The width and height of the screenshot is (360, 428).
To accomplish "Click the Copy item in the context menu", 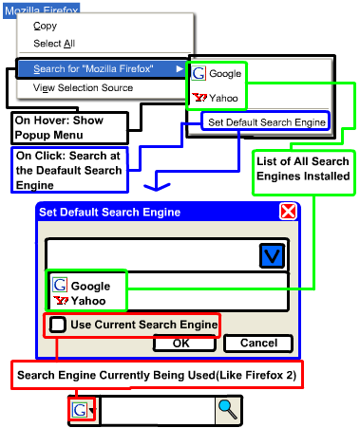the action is tap(45, 26).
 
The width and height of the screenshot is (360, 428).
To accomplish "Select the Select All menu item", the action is tap(54, 44).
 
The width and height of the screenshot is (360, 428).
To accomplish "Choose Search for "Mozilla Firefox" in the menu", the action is tap(93, 68).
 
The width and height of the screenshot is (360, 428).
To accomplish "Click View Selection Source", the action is tap(83, 87).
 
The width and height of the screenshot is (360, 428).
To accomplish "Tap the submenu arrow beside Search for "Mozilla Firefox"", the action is tap(180, 68).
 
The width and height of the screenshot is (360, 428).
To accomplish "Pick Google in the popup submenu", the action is tap(217, 73).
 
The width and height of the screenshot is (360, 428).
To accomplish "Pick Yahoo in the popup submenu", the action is tap(215, 98).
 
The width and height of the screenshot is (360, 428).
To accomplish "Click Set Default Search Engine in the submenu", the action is tap(267, 122).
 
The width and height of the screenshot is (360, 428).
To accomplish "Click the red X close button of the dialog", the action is tap(288, 212).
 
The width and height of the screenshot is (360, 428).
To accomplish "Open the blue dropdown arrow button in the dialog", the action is tap(272, 255).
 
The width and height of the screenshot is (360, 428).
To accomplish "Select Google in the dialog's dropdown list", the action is tap(82, 286).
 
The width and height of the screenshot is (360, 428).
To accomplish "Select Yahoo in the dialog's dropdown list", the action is tap(80, 301).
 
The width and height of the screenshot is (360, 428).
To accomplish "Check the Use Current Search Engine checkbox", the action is tap(57, 325).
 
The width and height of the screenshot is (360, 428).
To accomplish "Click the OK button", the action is tap(184, 343).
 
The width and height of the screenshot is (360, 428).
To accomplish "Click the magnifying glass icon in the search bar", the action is tap(228, 409).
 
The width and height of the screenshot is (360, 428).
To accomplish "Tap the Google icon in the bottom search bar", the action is tap(79, 410).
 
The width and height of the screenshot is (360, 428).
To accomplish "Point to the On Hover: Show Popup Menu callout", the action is tap(69, 128).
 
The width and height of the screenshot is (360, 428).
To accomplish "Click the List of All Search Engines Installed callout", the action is tap(303, 173).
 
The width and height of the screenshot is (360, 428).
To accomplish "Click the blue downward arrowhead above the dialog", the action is tap(157, 187).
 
